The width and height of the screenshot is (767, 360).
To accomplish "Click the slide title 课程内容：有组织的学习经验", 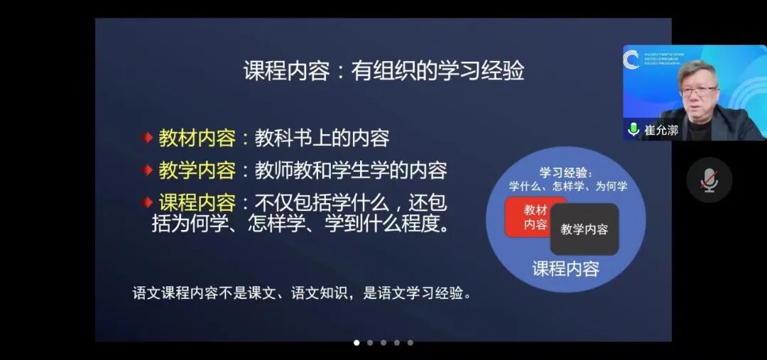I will coord(383,71).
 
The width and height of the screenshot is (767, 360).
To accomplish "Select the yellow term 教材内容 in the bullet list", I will coord(197,138).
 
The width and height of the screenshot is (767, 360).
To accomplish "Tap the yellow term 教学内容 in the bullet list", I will coord(197,170).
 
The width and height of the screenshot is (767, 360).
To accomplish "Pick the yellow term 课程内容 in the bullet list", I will coord(197,203).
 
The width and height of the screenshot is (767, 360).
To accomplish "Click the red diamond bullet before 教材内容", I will coord(147,138).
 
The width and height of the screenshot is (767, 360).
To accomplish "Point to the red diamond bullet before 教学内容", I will coord(147,170).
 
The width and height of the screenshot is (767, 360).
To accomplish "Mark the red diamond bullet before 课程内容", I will coord(147,203).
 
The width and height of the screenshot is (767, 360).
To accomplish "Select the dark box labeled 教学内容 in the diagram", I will coord(584,229).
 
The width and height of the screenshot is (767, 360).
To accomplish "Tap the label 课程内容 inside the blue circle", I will coord(566,268).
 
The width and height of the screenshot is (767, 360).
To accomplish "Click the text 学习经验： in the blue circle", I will coord(566,173).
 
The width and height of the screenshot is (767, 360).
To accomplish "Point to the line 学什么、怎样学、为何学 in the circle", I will coord(568,187).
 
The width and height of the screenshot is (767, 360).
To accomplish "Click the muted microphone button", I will coord(709,180).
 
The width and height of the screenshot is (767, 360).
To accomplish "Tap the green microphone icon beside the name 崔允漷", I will coord(633,130).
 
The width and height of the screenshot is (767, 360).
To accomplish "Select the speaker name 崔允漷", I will coord(661,131).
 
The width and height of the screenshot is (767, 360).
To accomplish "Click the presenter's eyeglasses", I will coord(698,91).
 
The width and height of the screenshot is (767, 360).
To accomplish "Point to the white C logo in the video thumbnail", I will coord(631,59).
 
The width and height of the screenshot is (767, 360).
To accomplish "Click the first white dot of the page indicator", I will coord(357,342).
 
